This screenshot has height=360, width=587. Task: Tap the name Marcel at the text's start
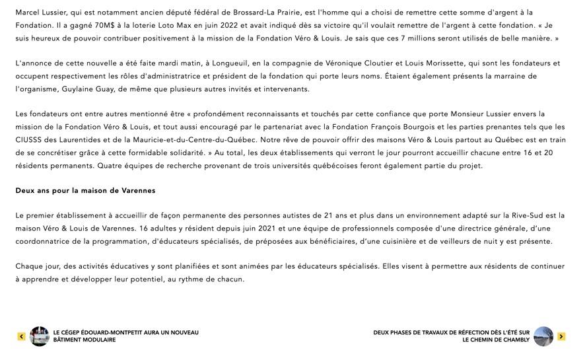(x=28, y=13)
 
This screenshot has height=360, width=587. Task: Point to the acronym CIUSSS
(x=30, y=140)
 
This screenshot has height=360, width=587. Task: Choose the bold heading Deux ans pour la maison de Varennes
(x=86, y=190)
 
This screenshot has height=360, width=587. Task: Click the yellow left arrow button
(x=21, y=336)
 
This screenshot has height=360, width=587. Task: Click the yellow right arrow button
(x=561, y=336)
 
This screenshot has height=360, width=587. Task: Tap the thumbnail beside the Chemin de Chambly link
(x=543, y=336)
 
